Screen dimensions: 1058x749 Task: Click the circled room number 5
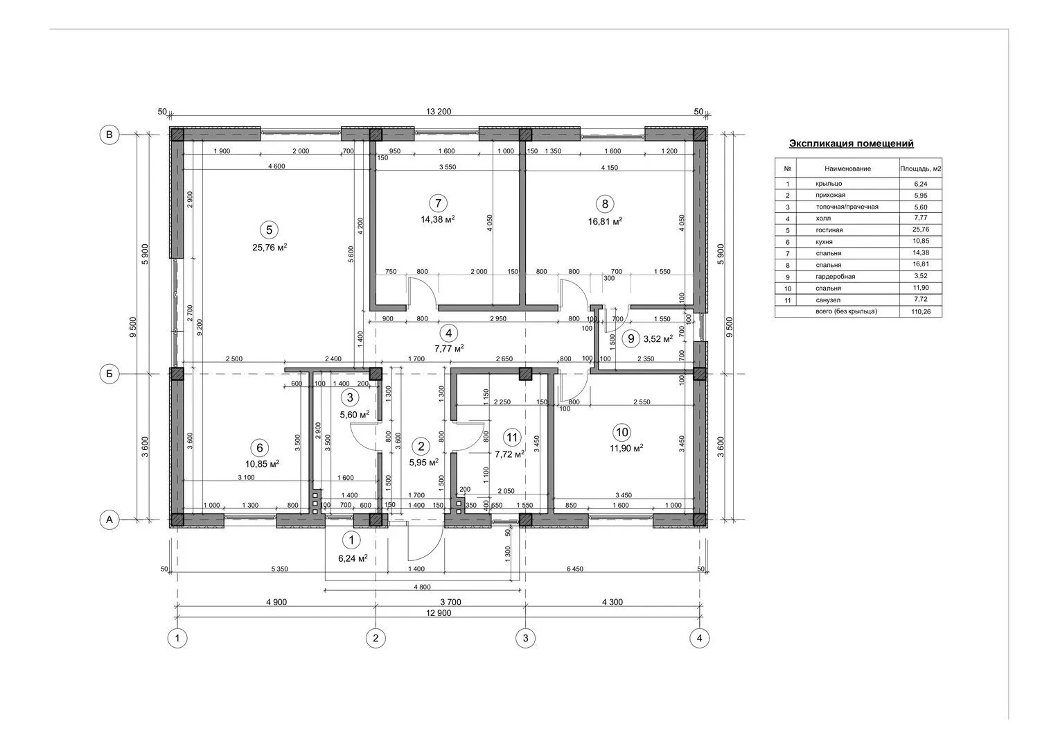tap(270, 230)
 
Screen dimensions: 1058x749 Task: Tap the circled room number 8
tap(605, 205)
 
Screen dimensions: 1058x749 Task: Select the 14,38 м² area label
tap(438, 219)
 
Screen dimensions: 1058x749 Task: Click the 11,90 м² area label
tap(626, 448)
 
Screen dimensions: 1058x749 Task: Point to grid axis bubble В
tap(109, 135)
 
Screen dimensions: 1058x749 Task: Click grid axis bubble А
tap(109, 519)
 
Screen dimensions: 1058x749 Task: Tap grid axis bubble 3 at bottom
tap(526, 638)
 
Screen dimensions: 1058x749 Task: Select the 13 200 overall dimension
tap(439, 112)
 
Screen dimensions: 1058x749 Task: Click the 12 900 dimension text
tap(439, 613)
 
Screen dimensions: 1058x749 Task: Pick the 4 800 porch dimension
tap(422, 587)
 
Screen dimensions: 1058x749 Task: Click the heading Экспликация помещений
tap(851, 144)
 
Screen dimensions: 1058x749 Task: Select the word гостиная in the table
tap(829, 230)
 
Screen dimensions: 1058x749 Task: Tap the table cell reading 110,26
tap(921, 312)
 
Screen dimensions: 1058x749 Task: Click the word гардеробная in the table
tap(835, 277)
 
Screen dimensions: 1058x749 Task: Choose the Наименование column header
tap(848, 169)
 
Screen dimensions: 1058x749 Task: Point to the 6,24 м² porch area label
tap(353, 558)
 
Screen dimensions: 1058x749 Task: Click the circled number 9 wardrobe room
tap(631, 338)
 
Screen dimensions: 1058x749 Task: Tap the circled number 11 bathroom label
tap(512, 438)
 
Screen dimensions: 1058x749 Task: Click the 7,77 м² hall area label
tap(449, 349)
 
